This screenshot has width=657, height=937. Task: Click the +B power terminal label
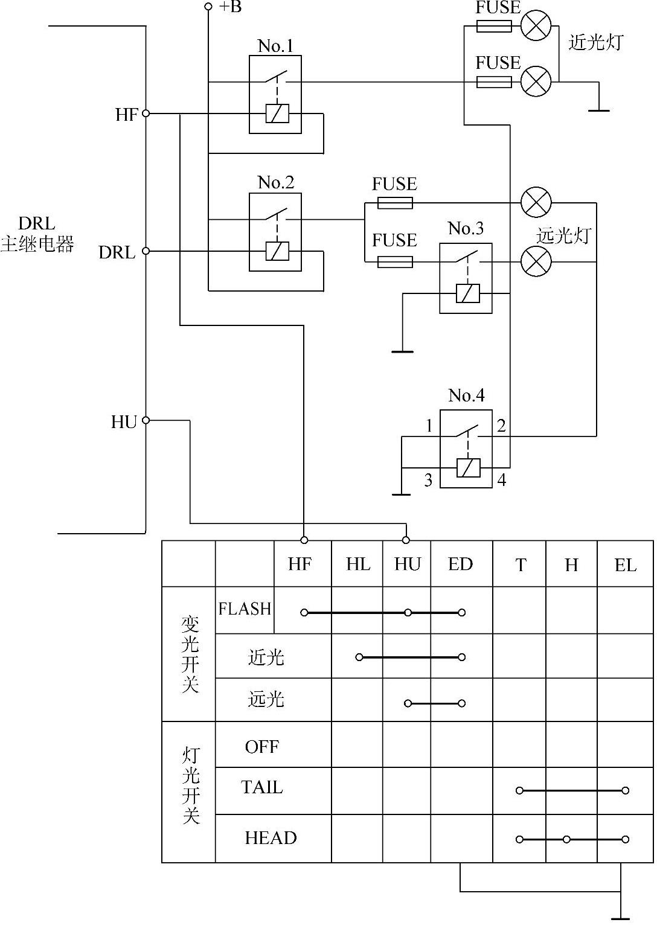(x=230, y=7)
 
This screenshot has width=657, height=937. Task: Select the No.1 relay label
(x=275, y=46)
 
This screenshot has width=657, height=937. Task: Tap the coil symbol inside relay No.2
(x=277, y=251)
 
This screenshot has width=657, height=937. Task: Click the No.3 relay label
(x=466, y=228)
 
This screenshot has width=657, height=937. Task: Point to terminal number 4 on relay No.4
(x=501, y=480)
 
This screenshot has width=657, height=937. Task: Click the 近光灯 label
(x=596, y=42)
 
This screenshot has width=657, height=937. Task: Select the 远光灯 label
(x=563, y=236)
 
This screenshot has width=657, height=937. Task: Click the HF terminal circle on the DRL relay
(x=146, y=114)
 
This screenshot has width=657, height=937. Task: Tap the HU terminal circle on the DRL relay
(x=146, y=420)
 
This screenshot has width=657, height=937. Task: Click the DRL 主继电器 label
(x=37, y=234)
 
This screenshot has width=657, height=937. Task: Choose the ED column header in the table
(x=460, y=564)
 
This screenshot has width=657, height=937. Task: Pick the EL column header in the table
(x=625, y=565)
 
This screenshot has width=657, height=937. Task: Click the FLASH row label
(x=245, y=609)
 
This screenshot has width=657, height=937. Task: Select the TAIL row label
(x=262, y=787)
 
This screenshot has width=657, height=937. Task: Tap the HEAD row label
(x=271, y=838)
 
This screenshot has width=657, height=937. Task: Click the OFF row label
(x=262, y=747)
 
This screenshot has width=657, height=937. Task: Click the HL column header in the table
(x=358, y=564)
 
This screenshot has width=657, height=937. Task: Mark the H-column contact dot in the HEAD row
(x=566, y=840)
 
